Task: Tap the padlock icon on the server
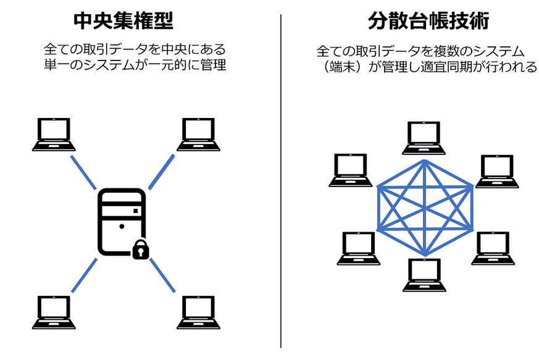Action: point(141,249)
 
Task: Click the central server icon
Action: point(122,222)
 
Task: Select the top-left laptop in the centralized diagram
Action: point(54,135)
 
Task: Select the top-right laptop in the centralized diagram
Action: point(198,135)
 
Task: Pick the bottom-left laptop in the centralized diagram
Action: point(54,312)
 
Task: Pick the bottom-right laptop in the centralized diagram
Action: point(198,312)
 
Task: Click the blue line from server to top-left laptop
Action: point(83,172)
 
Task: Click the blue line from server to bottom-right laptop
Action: point(162,275)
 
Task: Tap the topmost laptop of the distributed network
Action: point(424,138)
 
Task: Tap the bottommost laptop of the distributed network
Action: point(424,275)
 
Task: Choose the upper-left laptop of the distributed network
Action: point(351,170)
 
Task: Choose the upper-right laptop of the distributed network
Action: point(497,171)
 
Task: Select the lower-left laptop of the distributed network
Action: point(359,249)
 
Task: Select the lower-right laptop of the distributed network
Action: point(493,248)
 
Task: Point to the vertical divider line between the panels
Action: point(281,181)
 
